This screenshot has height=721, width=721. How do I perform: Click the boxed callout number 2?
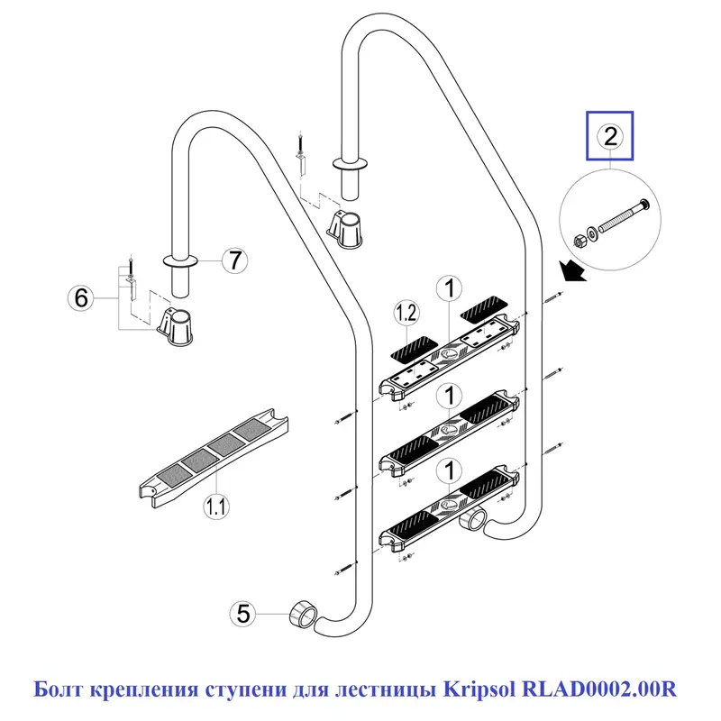tap(610, 136)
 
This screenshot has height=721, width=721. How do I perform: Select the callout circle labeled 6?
tap(82, 297)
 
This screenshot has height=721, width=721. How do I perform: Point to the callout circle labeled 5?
tap(242, 614)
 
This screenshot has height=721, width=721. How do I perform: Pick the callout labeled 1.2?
tap(406, 313)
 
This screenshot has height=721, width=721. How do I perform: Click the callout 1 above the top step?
tap(448, 289)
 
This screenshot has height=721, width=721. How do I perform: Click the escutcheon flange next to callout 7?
tap(185, 261)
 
